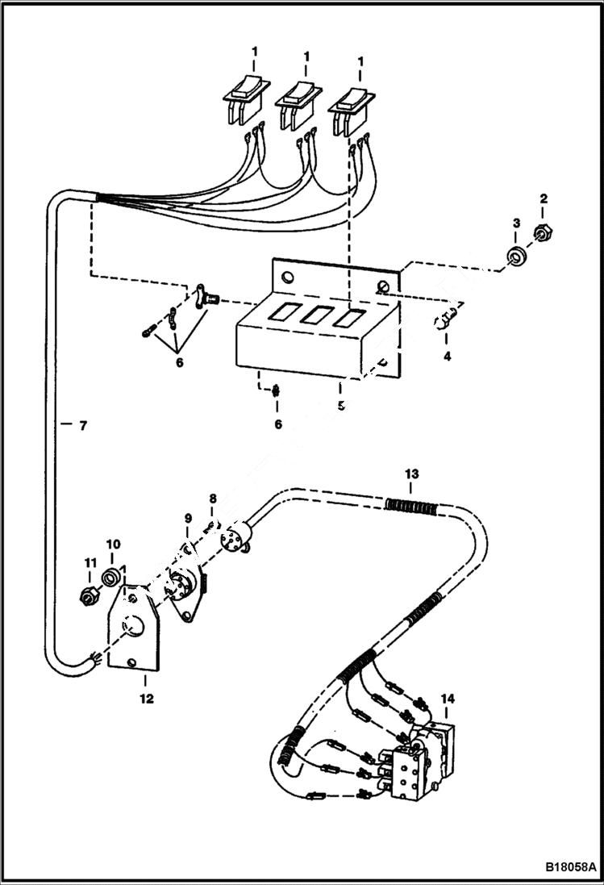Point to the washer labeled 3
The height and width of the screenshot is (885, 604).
tap(514, 257)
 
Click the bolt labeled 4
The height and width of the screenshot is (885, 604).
tap(447, 322)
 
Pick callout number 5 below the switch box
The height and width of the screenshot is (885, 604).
tap(340, 406)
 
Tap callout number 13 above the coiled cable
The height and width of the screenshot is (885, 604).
tap(412, 474)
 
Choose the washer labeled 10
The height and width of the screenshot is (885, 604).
tap(112, 578)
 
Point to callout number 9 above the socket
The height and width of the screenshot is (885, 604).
tap(187, 518)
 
